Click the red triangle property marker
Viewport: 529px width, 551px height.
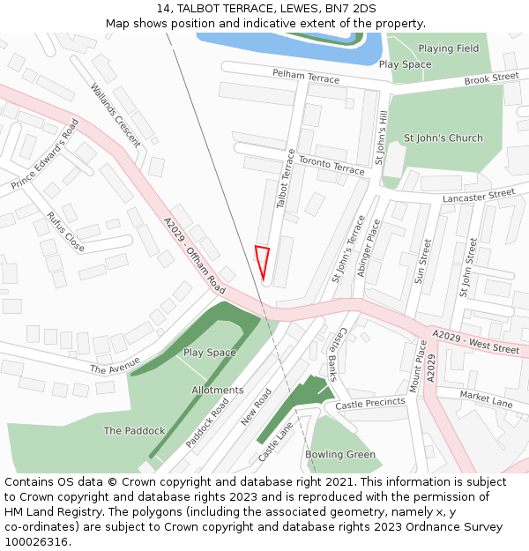(x=262, y=261)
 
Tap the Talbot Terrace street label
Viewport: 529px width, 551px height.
(x=286, y=178)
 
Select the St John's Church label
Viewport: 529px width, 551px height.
(x=443, y=138)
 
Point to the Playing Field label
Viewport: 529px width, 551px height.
(x=449, y=48)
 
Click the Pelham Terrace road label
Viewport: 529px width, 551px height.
(x=305, y=78)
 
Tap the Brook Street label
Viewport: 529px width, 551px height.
(x=492, y=78)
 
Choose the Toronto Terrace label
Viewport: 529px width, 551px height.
(x=331, y=164)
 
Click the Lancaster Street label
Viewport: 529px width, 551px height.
(x=478, y=195)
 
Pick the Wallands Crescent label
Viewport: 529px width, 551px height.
(x=115, y=115)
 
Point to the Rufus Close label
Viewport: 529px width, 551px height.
(x=66, y=232)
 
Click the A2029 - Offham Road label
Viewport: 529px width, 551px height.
(x=194, y=257)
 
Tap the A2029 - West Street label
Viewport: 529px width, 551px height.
(x=475, y=342)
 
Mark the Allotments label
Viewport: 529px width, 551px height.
(x=218, y=390)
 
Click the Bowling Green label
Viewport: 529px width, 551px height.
(x=340, y=455)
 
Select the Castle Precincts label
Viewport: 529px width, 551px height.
(x=370, y=404)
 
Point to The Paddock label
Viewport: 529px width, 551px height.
(x=134, y=431)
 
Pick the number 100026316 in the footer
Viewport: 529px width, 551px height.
(x=35, y=542)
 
